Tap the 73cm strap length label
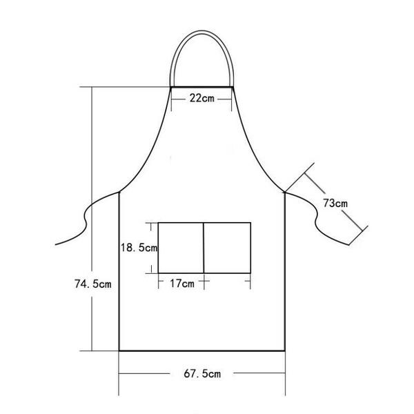[335, 203]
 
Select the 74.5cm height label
[93, 283]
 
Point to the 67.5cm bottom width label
[201, 374]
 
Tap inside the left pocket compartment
[181, 247]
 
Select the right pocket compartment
[227, 247]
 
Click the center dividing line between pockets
[204, 247]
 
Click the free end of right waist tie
[352, 243]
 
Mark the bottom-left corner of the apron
[119, 351]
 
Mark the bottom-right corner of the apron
[286, 351]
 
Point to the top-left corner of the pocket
[159, 222]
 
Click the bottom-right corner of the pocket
[250, 273]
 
